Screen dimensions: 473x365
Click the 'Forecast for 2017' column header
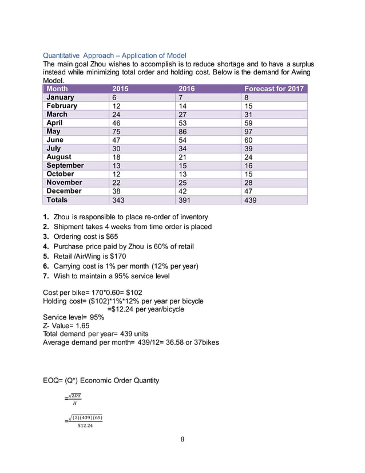coord(273,89)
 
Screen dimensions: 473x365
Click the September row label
coord(65,165)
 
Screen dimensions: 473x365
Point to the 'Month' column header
coord(57,89)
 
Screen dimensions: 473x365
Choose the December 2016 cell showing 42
coord(184,191)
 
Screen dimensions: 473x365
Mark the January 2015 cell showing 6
coord(115,97)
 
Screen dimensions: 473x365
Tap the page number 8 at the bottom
coord(182,439)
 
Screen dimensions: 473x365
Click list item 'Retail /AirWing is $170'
coord(94,257)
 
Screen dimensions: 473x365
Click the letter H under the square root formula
coord(73,403)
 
